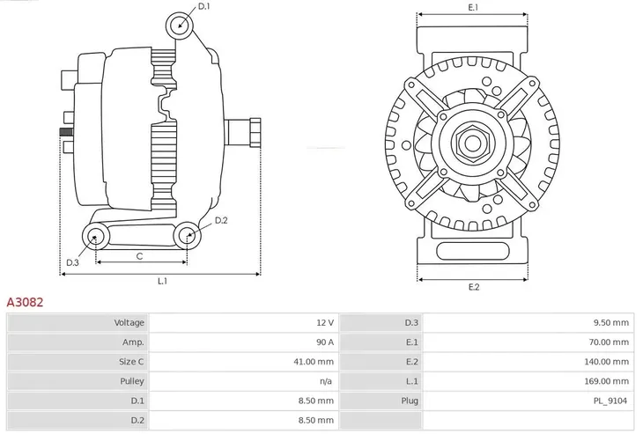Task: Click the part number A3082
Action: pyautogui.click(x=26, y=301)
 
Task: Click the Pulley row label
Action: pyautogui.click(x=132, y=381)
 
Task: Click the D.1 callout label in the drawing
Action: pyautogui.click(x=204, y=7)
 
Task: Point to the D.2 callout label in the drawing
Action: pyautogui.click(x=221, y=220)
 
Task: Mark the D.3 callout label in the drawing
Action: pyautogui.click(x=73, y=262)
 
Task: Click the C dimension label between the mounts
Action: pyautogui.click(x=140, y=255)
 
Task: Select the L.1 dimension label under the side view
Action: pyautogui.click(x=163, y=282)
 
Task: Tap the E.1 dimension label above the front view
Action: pyautogui.click(x=473, y=7)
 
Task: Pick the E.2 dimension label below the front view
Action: pyautogui.click(x=474, y=287)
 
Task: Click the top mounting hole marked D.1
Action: pyautogui.click(x=180, y=24)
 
